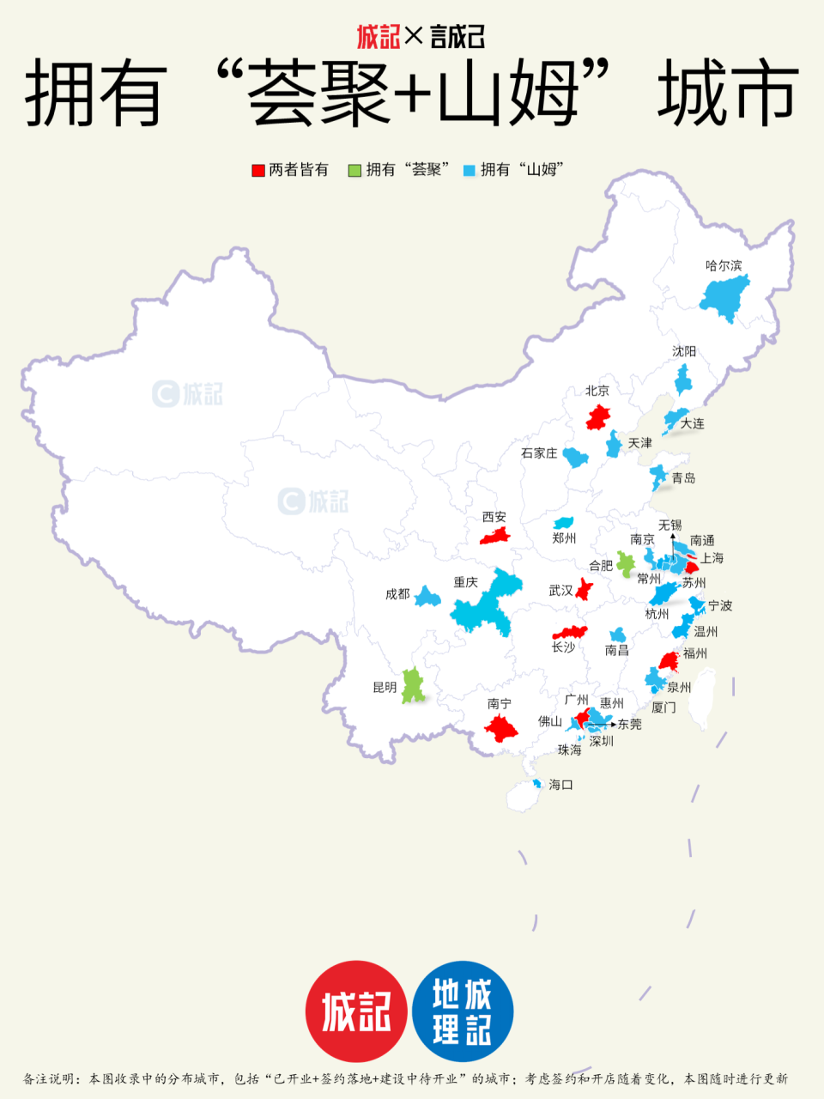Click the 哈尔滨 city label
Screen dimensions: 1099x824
[723, 265]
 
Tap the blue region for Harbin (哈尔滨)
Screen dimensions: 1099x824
[725, 297]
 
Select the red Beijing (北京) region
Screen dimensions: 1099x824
[598, 418]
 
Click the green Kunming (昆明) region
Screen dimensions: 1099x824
[413, 686]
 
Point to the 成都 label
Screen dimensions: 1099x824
[397, 594]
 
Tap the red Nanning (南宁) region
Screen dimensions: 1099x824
[500, 729]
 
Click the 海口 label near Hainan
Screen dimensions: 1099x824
[560, 785]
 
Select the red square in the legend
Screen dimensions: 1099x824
[257, 170]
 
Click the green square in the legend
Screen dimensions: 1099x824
[354, 170]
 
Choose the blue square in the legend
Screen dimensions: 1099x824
[469, 170]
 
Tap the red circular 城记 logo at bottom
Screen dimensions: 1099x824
[355, 1011]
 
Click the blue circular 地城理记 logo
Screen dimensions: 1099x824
[463, 1011]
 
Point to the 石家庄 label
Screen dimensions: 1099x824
[539, 452]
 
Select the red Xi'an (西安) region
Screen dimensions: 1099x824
[495, 536]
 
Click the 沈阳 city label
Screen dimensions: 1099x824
[684, 351]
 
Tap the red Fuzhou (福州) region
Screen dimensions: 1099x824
[669, 661]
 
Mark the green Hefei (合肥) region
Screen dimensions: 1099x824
[626, 564]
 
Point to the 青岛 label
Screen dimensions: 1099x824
[683, 477]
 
